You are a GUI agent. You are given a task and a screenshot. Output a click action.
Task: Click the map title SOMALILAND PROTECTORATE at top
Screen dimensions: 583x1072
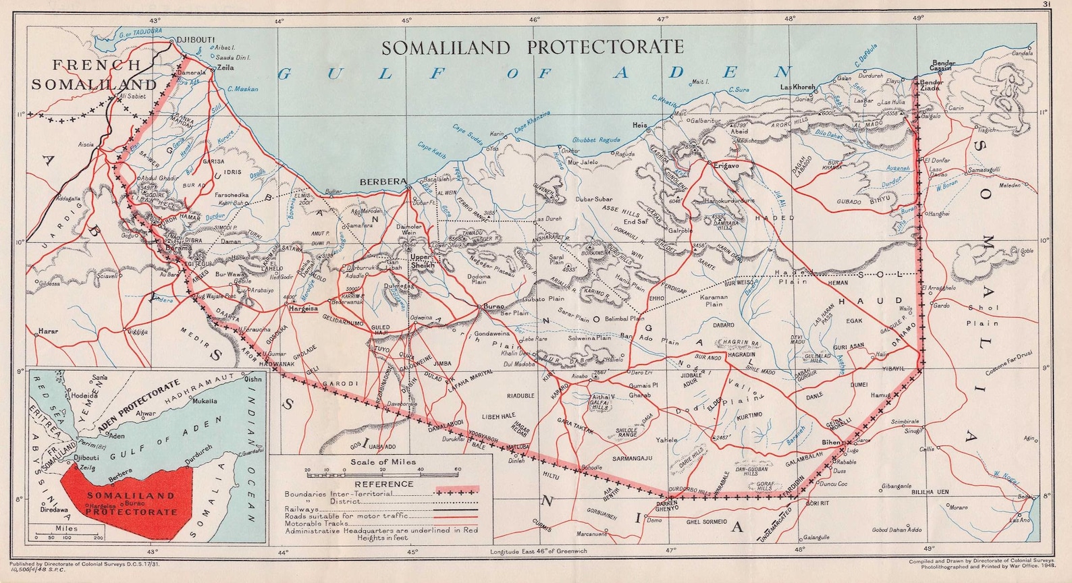point(533,47)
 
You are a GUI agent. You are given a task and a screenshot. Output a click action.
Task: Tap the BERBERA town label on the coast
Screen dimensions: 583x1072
point(383,182)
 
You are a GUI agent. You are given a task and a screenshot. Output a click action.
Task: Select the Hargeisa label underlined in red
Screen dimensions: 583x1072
point(303,309)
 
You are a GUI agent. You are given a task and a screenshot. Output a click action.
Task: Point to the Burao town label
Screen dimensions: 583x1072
point(493,307)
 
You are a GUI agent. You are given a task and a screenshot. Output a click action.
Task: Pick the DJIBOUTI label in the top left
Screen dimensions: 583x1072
point(195,40)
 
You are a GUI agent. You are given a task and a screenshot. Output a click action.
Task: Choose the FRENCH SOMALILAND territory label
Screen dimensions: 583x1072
point(95,75)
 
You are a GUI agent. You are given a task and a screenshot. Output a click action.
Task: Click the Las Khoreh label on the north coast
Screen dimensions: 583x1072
point(798,88)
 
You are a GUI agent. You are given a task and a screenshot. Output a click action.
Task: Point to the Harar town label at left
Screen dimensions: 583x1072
point(49,331)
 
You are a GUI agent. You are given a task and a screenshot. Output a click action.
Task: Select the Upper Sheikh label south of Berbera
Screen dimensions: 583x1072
point(423,261)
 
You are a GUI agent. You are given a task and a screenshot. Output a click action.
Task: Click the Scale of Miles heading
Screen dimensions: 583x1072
point(383,462)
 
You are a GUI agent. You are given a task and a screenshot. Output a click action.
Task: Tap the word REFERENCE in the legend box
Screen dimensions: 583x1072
point(383,484)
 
